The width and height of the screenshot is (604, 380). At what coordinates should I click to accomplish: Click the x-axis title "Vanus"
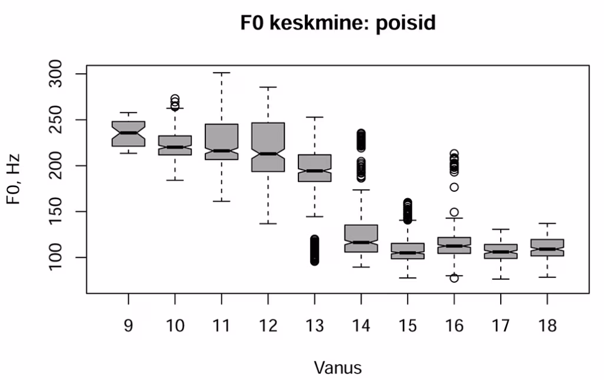(338, 368)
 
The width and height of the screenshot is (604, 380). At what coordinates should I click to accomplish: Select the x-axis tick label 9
(129, 325)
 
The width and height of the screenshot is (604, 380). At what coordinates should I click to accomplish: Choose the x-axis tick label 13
(314, 325)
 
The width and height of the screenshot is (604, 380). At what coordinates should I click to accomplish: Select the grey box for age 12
(268, 139)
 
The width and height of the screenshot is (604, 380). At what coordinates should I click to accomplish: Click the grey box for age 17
(500, 251)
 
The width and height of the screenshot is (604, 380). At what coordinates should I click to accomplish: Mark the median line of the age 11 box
(221, 151)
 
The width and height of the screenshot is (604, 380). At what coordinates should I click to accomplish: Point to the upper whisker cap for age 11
(221, 73)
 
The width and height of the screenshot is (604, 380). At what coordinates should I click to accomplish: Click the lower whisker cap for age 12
(268, 224)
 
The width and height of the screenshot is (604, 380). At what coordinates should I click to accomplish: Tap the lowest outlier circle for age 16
(454, 278)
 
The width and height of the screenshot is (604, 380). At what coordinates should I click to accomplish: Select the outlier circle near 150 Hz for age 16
(454, 212)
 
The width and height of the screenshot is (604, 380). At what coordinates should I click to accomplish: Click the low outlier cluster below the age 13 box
(314, 250)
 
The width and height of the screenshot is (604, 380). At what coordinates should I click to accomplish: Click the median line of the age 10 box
(175, 147)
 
